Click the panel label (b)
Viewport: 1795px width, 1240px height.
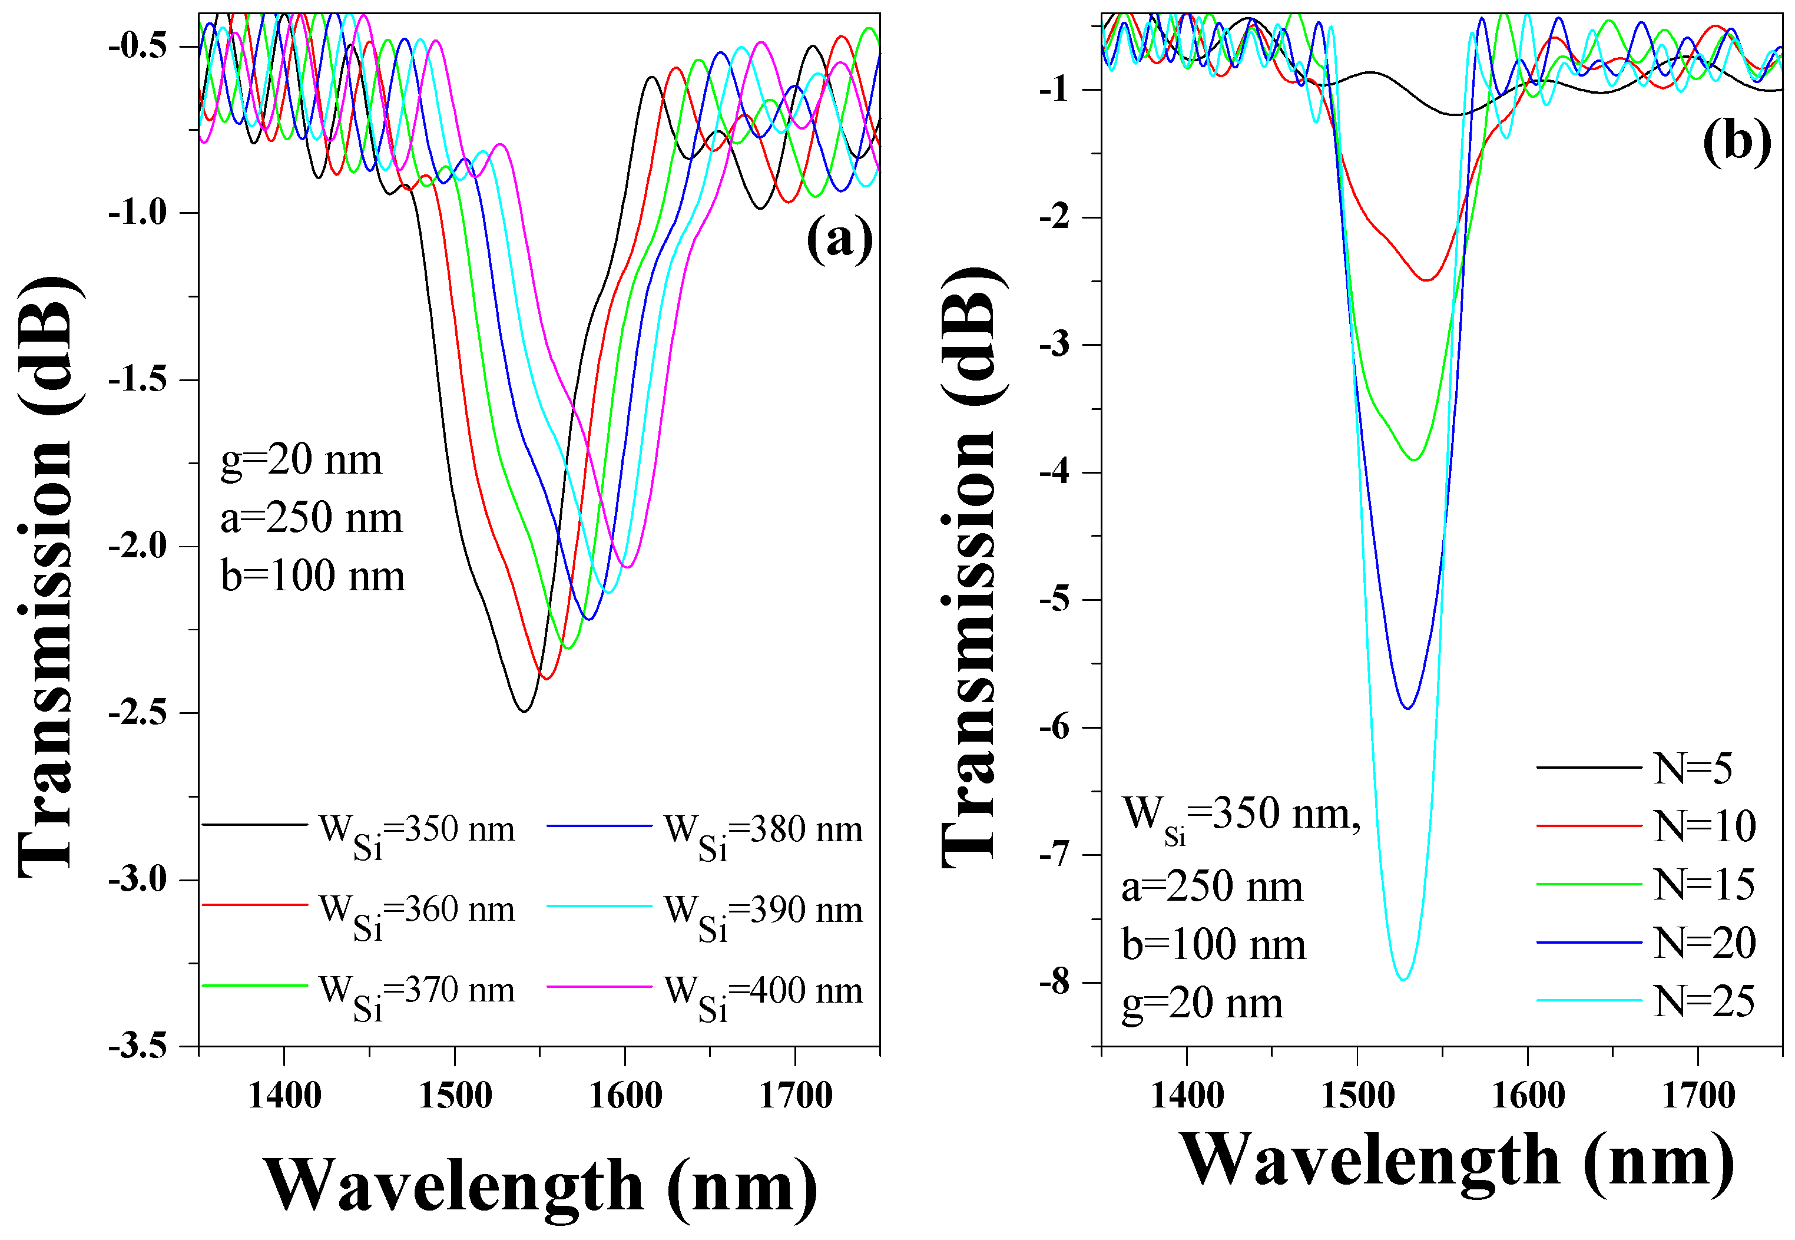click(x=1737, y=142)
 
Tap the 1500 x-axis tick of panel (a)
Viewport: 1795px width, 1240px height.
click(x=455, y=1096)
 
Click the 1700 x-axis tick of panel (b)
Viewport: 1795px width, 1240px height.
click(x=1698, y=1096)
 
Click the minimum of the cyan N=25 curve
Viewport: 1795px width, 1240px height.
click(x=1403, y=980)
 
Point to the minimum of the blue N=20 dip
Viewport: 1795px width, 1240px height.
click(x=1407, y=708)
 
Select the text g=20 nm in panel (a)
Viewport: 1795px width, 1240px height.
click(x=302, y=460)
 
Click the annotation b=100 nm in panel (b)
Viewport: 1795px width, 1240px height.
click(x=1213, y=945)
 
